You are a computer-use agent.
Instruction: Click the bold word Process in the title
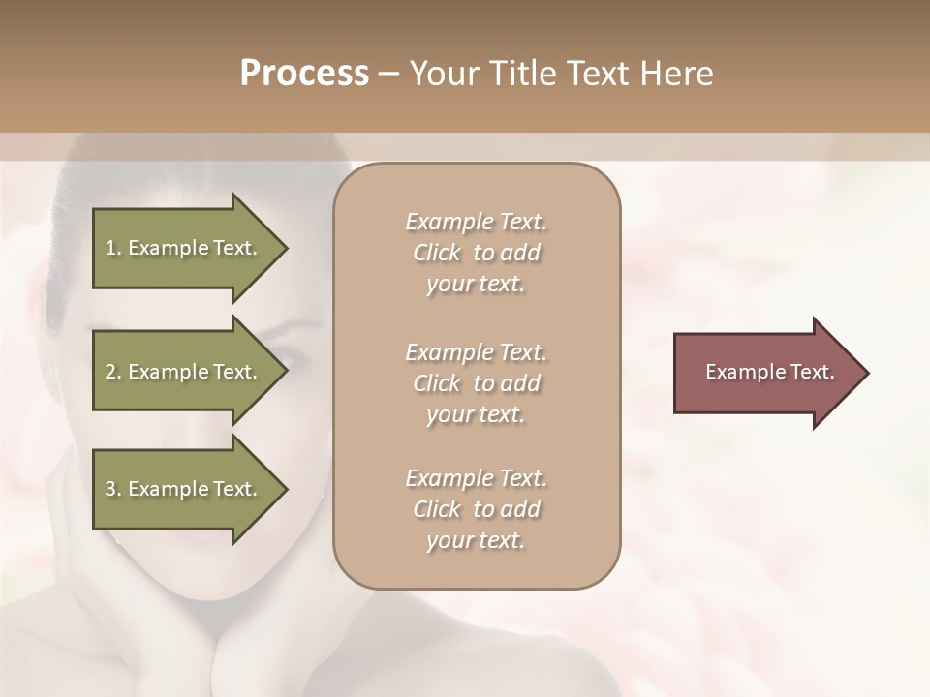point(304,74)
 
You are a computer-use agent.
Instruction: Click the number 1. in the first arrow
point(113,248)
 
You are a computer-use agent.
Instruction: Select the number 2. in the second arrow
point(113,372)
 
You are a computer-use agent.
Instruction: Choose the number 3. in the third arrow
point(113,489)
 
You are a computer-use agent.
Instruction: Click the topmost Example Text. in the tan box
point(476,222)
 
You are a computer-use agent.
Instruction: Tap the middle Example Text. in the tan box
point(476,351)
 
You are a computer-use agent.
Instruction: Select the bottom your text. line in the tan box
point(476,541)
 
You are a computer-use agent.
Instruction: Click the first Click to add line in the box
point(476,254)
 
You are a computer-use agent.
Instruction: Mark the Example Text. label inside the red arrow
point(769,372)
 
